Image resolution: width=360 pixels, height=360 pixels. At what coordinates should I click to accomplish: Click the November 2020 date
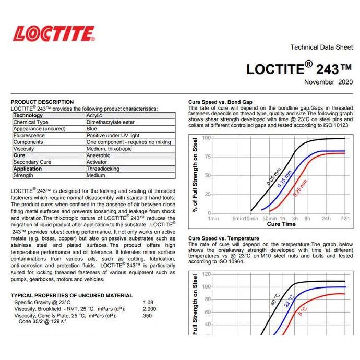tap(328, 82)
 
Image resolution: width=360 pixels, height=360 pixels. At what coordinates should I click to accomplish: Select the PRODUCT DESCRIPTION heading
tap(42, 102)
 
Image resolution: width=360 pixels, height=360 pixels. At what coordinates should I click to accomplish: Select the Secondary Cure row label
tap(32, 162)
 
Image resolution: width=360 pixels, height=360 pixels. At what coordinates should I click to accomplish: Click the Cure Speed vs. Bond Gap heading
tap(220, 102)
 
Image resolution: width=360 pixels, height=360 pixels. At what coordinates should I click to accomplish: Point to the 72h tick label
tap(345, 218)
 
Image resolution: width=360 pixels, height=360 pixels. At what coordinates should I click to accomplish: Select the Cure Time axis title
tap(281, 224)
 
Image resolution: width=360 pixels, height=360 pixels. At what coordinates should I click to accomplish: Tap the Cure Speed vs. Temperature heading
tap(223, 238)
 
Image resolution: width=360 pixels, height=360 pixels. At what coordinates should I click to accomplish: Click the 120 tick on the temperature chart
tap(206, 274)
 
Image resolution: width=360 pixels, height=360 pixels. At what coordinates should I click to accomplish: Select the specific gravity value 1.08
tap(148, 302)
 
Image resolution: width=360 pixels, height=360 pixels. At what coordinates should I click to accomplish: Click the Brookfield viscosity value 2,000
tap(150, 309)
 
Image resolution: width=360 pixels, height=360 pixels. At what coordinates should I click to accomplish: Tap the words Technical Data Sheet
tap(321, 47)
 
